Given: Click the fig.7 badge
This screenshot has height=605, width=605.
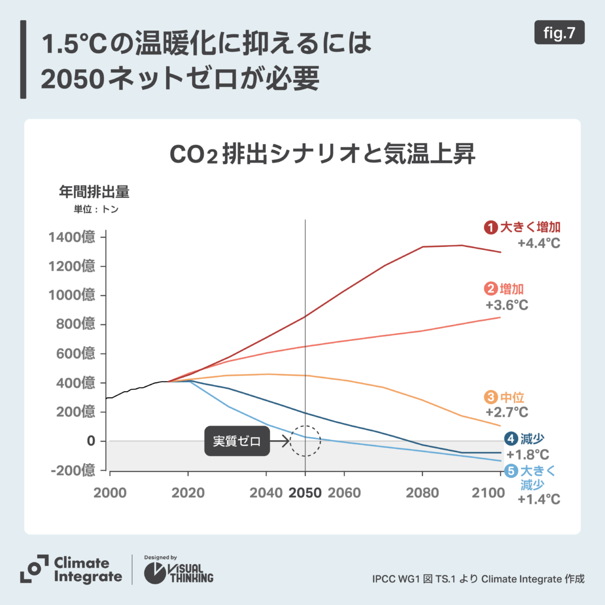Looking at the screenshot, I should coord(559,33).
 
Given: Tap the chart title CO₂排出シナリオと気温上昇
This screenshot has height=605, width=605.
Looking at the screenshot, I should coord(323,156).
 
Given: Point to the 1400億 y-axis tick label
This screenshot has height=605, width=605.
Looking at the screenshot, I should coord(73,238).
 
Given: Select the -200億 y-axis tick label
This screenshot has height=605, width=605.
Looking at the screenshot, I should coord(73,470).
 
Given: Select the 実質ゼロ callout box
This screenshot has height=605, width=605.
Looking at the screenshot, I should coord(236,441).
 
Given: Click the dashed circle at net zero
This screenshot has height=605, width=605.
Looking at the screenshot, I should coord(305,441).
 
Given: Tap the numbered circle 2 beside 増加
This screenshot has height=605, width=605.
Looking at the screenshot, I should coord(491,290).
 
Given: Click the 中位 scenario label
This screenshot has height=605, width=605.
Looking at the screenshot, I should coord(512,398).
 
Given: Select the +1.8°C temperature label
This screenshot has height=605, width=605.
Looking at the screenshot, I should coord(528,455).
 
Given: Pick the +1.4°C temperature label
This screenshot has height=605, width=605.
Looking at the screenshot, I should coord(538,500).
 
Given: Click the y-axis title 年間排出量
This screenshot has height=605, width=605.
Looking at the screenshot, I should coord(93,193).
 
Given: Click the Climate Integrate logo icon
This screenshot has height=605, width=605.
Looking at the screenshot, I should coord(34,570).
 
